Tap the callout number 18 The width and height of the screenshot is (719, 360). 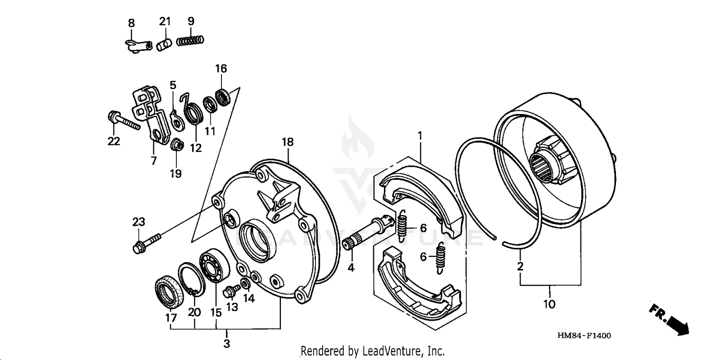point(288,142)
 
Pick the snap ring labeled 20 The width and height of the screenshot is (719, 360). point(191,279)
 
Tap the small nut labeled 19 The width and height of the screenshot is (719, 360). point(176,144)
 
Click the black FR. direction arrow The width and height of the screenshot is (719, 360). point(672,319)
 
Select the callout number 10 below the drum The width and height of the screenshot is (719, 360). point(549,303)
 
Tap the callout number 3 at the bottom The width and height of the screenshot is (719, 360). point(226,343)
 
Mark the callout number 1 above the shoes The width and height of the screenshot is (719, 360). point(420,136)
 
